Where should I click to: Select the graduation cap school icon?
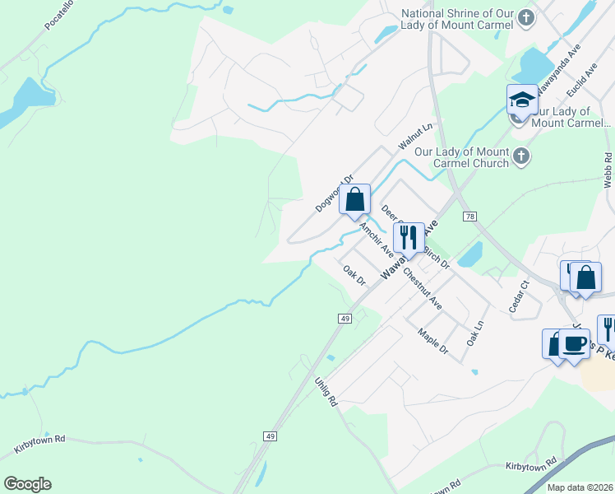(x=521, y=100)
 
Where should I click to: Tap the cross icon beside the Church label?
(x=520, y=156)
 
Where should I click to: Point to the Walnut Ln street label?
(x=415, y=137)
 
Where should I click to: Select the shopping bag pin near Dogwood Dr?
(x=354, y=199)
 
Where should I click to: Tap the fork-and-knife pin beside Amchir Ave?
(x=409, y=238)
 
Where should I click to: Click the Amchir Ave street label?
(x=376, y=239)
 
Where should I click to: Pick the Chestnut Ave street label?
(x=423, y=287)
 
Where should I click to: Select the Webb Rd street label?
(x=607, y=170)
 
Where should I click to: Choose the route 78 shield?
(x=469, y=216)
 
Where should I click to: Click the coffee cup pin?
(x=573, y=344)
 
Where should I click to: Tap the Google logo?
(x=27, y=484)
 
